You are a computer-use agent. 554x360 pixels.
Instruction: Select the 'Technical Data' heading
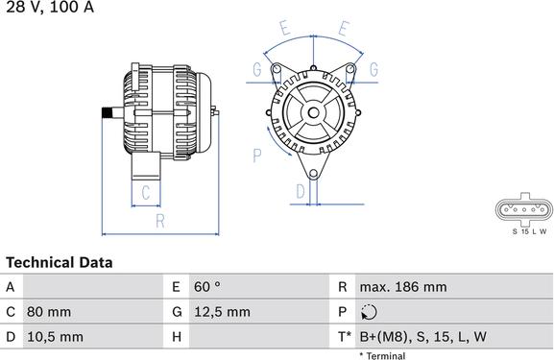click(x=59, y=262)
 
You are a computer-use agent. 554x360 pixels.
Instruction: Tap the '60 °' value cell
click(x=207, y=287)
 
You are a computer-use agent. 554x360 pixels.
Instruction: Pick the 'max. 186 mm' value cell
click(x=402, y=287)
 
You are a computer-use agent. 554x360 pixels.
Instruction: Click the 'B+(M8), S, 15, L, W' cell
click(x=422, y=337)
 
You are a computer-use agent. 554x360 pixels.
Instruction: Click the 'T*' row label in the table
click(x=345, y=337)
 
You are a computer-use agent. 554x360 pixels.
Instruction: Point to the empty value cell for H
click(x=259, y=337)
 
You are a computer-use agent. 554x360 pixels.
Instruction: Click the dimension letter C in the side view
click(x=145, y=193)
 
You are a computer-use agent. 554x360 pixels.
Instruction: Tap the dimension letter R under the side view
click(x=160, y=222)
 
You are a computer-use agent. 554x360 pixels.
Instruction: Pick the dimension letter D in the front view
click(x=301, y=191)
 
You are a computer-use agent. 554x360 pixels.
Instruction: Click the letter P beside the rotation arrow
click(x=257, y=154)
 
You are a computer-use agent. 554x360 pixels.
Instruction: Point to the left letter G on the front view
click(x=256, y=69)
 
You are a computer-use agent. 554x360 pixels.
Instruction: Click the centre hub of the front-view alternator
click(x=313, y=113)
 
